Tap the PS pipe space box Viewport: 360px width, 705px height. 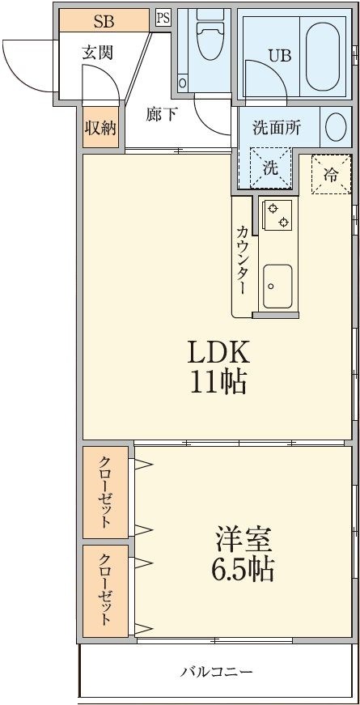click(163, 17)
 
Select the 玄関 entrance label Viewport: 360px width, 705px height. click(97, 53)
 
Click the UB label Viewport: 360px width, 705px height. click(279, 56)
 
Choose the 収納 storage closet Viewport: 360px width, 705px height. click(101, 128)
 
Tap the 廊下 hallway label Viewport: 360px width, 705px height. click(162, 114)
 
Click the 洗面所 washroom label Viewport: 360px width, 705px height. click(276, 127)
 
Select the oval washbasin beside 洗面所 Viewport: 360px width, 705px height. click(335, 127)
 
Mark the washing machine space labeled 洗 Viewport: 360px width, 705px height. click(270, 168)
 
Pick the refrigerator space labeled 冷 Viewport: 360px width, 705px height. click(331, 173)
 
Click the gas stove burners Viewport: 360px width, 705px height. click(278, 214)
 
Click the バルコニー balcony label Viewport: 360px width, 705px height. click(216, 671)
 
